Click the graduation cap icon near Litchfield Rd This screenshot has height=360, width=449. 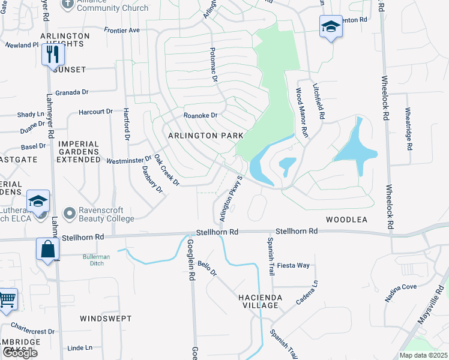point(330,27)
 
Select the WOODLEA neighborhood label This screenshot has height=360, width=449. point(346,220)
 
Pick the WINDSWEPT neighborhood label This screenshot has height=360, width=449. point(106,318)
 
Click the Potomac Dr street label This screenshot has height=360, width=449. point(213,64)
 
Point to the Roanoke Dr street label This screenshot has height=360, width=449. point(200,115)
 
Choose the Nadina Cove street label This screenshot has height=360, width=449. point(400,287)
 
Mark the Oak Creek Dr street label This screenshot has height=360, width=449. point(166,170)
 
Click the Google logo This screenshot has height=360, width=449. point(20,353)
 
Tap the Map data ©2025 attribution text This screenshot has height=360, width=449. point(423,355)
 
